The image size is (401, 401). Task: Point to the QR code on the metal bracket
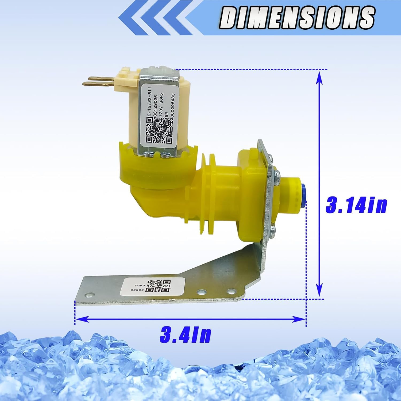coord(159,286)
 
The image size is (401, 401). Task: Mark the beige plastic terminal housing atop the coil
coord(126,76)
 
